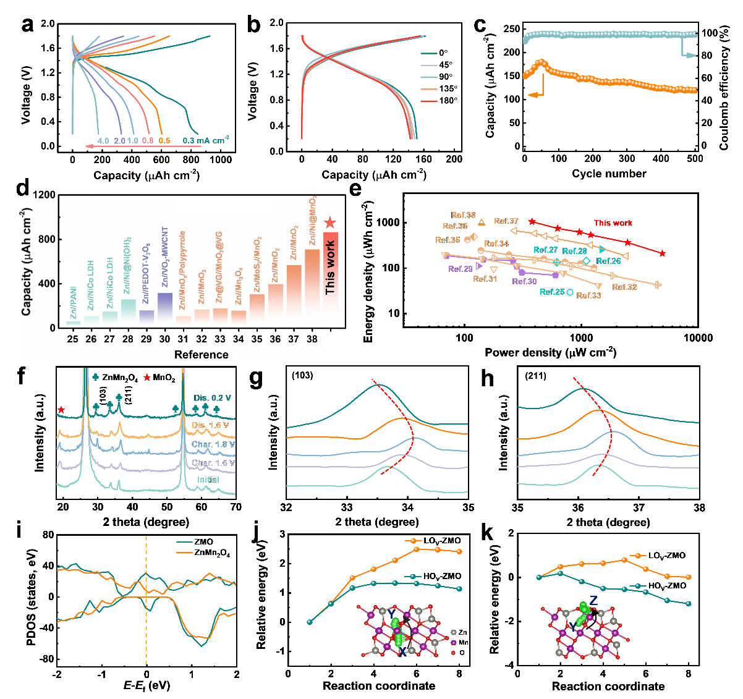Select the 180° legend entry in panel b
pos(448,100)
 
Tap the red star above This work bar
pos(331,222)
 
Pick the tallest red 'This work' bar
pos(331,272)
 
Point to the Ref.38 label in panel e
pos(463,216)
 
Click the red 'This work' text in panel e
pos(613,223)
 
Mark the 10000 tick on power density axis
pos(697,338)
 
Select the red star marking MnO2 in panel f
pos(61,410)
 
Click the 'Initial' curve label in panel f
pos(208,480)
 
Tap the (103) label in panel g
pos(303,375)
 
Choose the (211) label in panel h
pos(535,375)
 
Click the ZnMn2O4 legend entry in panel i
pos(212,553)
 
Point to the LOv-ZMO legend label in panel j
pos(442,541)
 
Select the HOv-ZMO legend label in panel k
pos(667,586)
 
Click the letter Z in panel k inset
pos(593,600)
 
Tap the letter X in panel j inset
pos(402,651)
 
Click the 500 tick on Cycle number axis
pos(695,158)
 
